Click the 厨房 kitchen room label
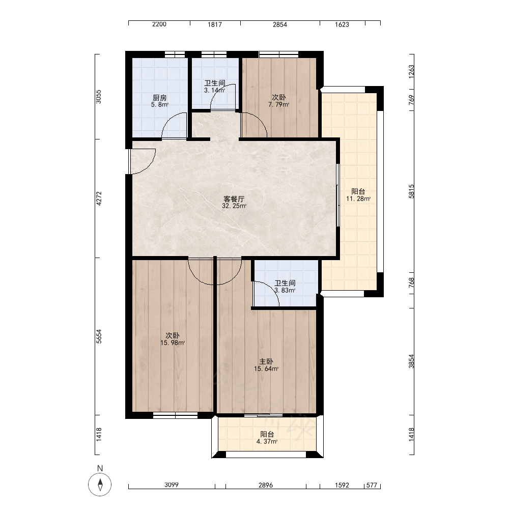pyautogui.click(x=159, y=97)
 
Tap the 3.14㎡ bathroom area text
pyautogui.click(x=214, y=90)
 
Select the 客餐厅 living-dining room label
pyautogui.click(x=234, y=199)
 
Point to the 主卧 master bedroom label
pyautogui.click(x=266, y=361)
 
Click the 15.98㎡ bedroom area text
pyautogui.click(x=173, y=343)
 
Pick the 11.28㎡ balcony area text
pyautogui.click(x=358, y=199)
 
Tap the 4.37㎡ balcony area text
pyautogui.click(x=267, y=441)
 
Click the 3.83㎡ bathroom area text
pyautogui.click(x=285, y=291)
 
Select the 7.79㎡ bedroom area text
pyautogui.click(x=278, y=104)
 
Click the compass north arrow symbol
pyautogui.click(x=100, y=485)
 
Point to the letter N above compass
pyautogui.click(x=100, y=468)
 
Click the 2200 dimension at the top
pyautogui.click(x=159, y=24)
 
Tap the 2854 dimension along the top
pyautogui.click(x=280, y=24)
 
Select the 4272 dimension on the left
pyautogui.click(x=99, y=199)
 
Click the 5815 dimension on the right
pyautogui.click(x=411, y=191)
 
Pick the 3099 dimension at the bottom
pyautogui.click(x=172, y=485)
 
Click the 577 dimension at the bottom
pyautogui.click(x=372, y=485)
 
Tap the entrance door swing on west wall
pyautogui.click(x=142, y=161)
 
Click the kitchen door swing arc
pyautogui.click(x=174, y=125)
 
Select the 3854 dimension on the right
pyautogui.click(x=411, y=361)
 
